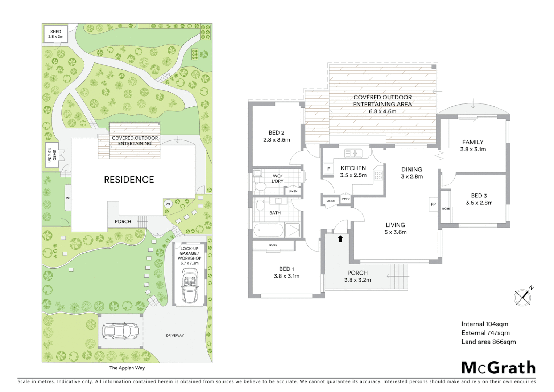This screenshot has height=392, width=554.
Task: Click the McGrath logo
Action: pyautogui.click(x=498, y=368)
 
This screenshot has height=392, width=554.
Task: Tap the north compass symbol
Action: pyautogui.click(x=523, y=297)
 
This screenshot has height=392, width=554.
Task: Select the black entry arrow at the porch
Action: pyautogui.click(x=340, y=238)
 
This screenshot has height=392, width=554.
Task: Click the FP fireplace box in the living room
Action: pyautogui.click(x=433, y=204)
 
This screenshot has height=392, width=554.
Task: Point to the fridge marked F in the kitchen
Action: pyautogui.click(x=328, y=169)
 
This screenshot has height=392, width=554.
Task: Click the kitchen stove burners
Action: pyautogui.click(x=379, y=176)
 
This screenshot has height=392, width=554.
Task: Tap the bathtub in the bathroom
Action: pyautogui.click(x=268, y=230)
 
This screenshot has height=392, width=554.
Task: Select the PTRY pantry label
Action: pyautogui.click(x=345, y=199)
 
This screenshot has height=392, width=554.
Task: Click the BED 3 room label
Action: pyautogui.click(x=479, y=196)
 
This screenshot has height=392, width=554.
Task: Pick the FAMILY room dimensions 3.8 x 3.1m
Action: pyautogui.click(x=473, y=149)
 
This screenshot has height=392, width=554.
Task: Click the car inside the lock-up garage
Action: pyautogui.click(x=190, y=285)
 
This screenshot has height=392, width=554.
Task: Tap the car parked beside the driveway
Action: pyautogui.click(x=120, y=331)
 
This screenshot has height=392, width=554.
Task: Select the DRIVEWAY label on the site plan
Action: pyautogui.click(x=175, y=335)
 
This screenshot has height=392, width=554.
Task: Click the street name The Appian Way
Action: pyautogui.click(x=127, y=368)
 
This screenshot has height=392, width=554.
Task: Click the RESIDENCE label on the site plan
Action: pyautogui.click(x=129, y=180)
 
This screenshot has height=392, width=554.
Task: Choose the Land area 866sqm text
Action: pyautogui.click(x=488, y=342)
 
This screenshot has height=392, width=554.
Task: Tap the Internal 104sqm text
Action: pyautogui.click(x=484, y=324)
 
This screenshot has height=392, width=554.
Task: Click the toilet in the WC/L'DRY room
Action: pyautogui.click(x=260, y=186)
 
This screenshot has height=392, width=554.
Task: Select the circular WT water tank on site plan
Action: pyautogui.click(x=168, y=204)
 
